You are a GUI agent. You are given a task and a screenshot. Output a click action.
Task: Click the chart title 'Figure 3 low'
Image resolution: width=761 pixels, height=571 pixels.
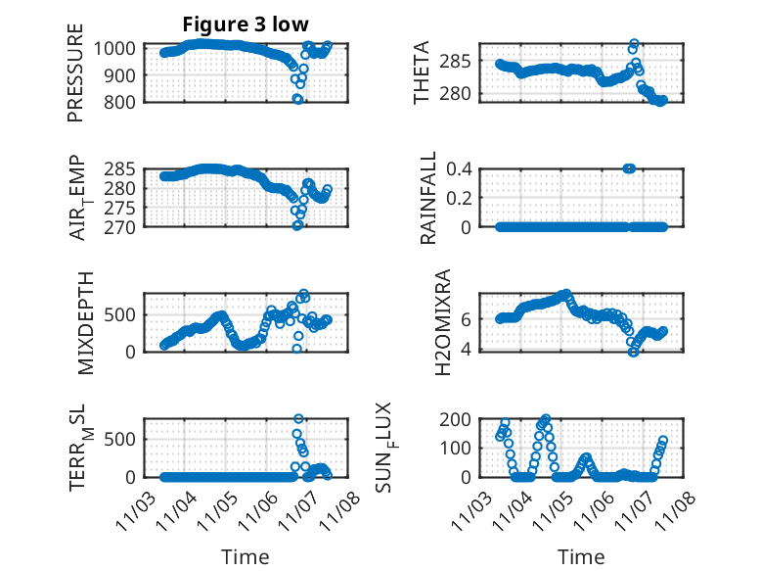click(x=246, y=24)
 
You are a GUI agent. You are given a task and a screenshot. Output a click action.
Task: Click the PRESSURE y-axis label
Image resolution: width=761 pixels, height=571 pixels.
click(x=75, y=73)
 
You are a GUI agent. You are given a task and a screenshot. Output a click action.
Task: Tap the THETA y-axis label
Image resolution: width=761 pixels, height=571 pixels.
click(x=422, y=73)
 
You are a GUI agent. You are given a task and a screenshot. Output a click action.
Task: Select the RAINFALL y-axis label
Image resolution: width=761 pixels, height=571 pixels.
click(x=427, y=200)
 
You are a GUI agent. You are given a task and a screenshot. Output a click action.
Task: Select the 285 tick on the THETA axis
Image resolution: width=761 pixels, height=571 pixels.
click(x=464, y=62)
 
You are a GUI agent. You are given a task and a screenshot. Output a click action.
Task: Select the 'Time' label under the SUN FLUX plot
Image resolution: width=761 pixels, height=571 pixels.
click(x=581, y=556)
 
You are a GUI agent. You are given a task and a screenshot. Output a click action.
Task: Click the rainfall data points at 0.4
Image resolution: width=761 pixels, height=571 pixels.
click(x=629, y=168)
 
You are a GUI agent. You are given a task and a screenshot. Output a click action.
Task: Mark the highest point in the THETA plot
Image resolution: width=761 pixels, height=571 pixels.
click(x=634, y=44)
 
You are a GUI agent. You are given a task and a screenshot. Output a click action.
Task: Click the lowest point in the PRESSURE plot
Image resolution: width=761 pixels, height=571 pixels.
click(x=298, y=99)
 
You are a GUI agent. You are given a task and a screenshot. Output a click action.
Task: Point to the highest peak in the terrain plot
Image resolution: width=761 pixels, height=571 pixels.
click(x=298, y=418)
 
